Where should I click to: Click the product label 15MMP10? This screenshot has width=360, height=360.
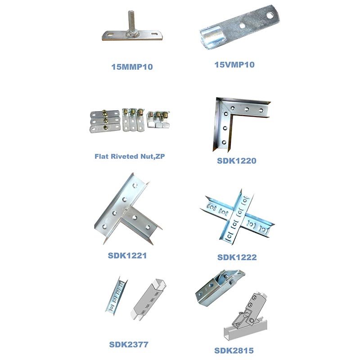coord(132,67)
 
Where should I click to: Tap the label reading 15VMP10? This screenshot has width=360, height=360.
coord(234,64)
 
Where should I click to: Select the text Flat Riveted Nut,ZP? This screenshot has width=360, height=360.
coord(130,156)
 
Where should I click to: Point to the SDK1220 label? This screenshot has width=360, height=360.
coord(237,161)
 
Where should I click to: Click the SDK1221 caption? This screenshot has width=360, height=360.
coord(127,256)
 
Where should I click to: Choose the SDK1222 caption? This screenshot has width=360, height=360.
coord(237,257)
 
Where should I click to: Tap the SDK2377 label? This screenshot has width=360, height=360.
coord(129,344)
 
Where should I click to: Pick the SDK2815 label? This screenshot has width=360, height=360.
coord(234,351)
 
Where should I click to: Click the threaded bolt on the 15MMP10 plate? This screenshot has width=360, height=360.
coord(131,21)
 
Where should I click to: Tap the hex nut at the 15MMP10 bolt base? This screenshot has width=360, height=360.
coord(131,35)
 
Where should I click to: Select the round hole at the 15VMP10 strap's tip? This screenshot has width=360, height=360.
coord(269,16)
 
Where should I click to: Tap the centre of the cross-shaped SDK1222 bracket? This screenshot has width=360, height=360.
coord(238,217)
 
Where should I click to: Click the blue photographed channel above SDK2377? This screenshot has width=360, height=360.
coord(116,295)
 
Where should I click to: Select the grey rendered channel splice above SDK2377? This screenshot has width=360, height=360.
coord(148,300)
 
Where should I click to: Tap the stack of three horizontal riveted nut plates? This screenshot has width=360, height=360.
coord(105,121)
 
